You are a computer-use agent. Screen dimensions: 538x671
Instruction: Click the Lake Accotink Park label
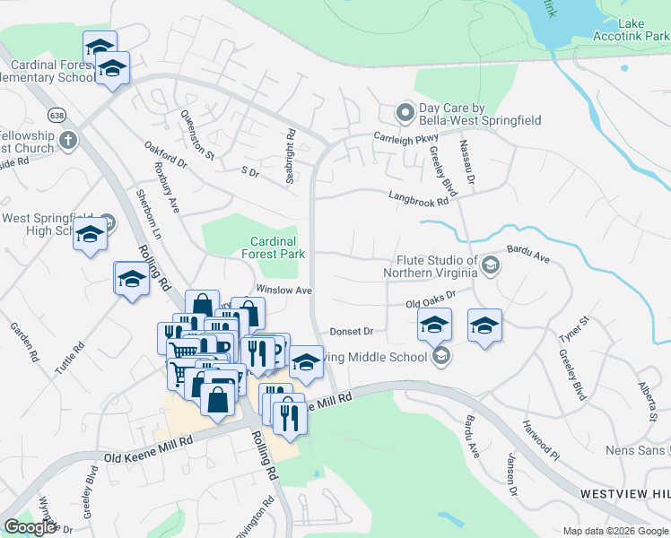631,29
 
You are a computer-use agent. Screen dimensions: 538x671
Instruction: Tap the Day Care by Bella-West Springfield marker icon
405,114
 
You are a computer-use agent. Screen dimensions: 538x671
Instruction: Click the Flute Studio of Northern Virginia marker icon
491,265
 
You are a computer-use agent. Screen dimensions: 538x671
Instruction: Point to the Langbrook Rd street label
418,199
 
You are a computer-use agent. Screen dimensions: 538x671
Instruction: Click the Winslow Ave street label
284,291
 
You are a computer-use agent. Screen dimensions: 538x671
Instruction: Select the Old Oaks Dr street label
431,299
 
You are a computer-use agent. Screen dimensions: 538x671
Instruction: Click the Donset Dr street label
351,331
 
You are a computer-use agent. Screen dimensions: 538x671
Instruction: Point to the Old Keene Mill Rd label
149,442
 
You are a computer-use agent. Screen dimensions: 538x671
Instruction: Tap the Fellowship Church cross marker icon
67,140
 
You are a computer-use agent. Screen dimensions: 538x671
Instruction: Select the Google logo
30,527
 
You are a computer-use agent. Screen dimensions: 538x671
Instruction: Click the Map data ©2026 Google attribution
615,531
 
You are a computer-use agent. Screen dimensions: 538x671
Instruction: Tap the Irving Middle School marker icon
440,357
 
